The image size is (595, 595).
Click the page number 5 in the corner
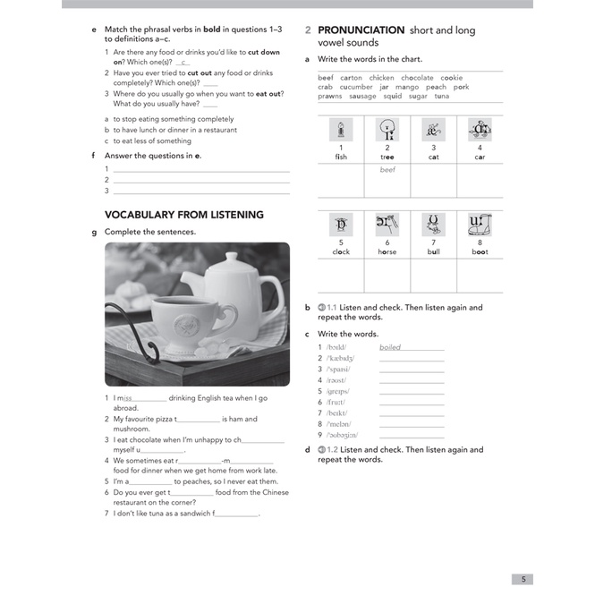pyautogui.click(x=523, y=579)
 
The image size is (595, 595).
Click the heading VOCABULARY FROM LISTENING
pyautogui.click(x=184, y=215)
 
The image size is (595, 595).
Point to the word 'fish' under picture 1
pyautogui.click(x=341, y=157)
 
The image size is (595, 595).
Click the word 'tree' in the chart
pyautogui.click(x=387, y=157)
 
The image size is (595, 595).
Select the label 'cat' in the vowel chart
pyautogui.click(x=434, y=157)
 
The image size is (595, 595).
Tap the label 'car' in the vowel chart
pyautogui.click(x=480, y=157)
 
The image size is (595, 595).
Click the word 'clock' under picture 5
pyautogui.click(x=341, y=252)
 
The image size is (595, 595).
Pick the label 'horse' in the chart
pyautogui.click(x=387, y=252)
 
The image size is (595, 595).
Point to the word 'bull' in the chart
pyautogui.click(x=434, y=252)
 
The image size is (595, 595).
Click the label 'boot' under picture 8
pyautogui.click(x=480, y=252)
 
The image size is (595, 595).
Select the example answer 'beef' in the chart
pyautogui.click(x=387, y=169)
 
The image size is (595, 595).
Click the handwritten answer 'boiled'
pyautogui.click(x=390, y=347)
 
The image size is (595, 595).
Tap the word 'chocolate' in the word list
pyautogui.click(x=417, y=78)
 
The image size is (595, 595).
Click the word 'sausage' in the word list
pyautogui.click(x=362, y=97)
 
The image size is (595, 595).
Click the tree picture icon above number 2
pyautogui.click(x=387, y=130)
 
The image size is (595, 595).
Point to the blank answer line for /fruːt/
pyautogui.click(x=412, y=403)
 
